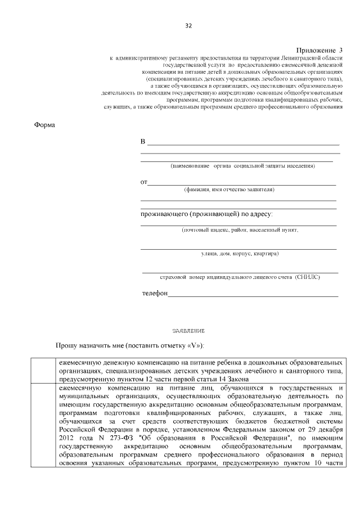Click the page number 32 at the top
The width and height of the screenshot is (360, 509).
point(188,26)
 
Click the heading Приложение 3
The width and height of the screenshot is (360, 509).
point(319,51)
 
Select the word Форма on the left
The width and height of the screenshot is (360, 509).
point(45,125)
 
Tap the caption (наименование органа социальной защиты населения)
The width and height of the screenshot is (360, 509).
point(242,166)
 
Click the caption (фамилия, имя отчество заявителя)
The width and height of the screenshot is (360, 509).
point(229,190)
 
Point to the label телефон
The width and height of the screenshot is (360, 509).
point(155,294)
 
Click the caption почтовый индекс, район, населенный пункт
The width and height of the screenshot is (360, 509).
point(240,230)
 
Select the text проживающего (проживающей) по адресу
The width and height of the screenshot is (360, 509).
point(206,214)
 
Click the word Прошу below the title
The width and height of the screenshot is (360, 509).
point(67,345)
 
